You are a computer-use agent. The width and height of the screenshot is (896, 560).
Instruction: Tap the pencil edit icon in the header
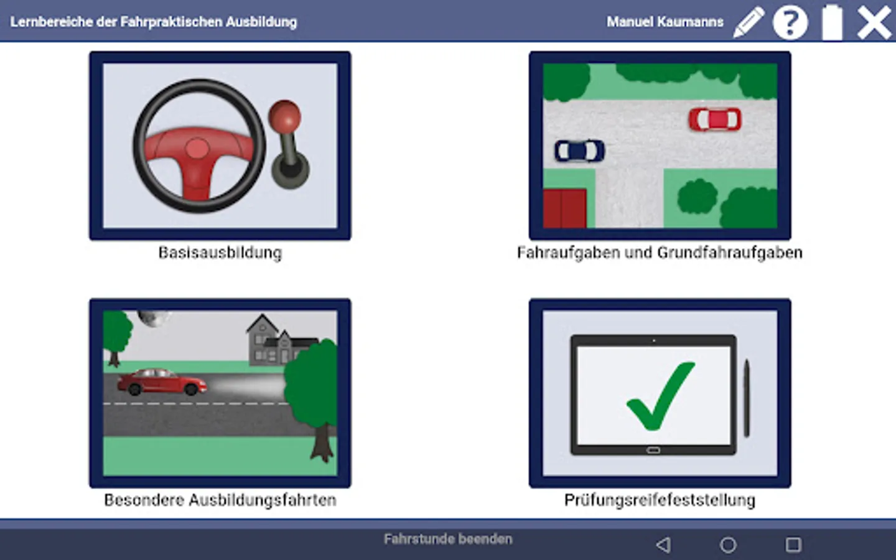[749, 22]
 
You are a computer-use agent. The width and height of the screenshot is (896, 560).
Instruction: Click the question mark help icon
[790, 22]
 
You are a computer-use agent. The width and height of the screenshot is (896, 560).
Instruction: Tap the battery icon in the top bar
[833, 22]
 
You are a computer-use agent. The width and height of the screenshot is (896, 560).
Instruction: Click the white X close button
[874, 22]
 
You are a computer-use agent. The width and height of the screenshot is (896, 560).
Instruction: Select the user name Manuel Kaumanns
[665, 22]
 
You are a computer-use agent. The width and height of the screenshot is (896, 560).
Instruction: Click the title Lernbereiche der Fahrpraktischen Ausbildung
[154, 22]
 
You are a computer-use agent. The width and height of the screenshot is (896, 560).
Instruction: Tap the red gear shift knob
[284, 114]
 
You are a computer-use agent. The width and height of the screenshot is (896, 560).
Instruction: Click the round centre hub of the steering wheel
[197, 149]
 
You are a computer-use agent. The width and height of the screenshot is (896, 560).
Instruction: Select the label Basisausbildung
[220, 253]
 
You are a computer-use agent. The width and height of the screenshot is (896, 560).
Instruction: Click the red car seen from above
[715, 119]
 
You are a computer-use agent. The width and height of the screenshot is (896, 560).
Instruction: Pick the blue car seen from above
[580, 151]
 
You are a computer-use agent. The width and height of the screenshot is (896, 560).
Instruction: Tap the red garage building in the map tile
[565, 209]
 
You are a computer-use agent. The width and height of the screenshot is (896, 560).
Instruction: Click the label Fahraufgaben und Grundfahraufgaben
[660, 253]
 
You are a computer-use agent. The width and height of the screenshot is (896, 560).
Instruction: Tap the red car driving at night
[162, 382]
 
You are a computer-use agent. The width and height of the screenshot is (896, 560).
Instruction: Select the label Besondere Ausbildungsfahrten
[220, 500]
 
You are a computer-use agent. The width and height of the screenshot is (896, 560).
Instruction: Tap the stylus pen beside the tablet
[747, 398]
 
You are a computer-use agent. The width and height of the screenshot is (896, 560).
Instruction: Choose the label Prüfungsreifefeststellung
[660, 500]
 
